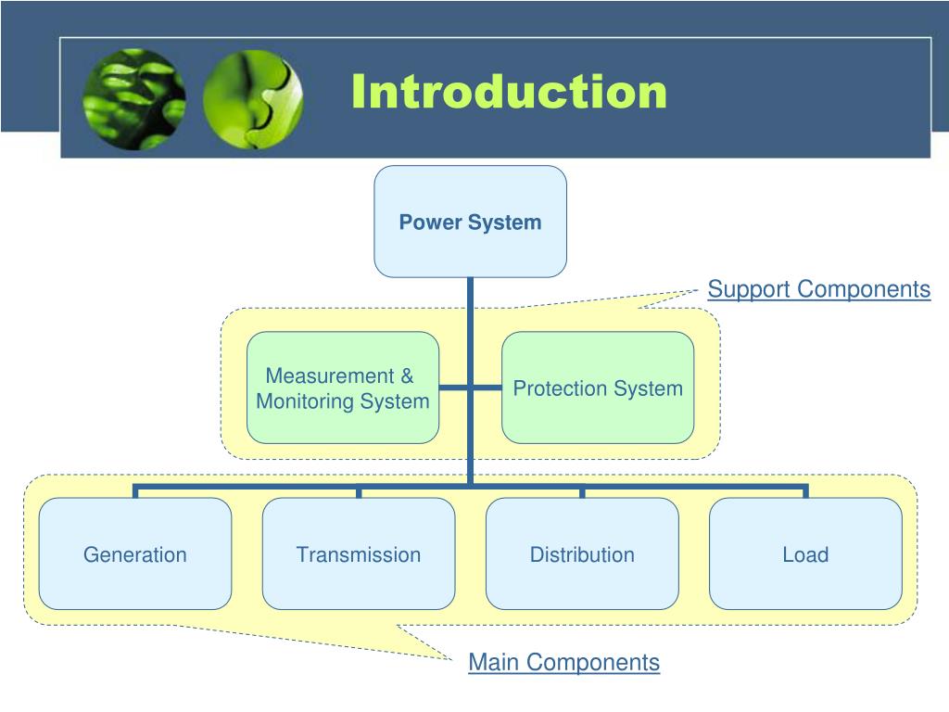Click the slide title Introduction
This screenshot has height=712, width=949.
(x=509, y=92)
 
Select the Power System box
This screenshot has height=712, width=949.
(x=470, y=222)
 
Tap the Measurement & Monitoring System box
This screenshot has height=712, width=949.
(x=343, y=388)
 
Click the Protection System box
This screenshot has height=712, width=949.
(x=598, y=388)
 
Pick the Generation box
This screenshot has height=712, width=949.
(x=135, y=554)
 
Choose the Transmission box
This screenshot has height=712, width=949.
(x=359, y=554)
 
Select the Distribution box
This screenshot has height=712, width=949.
(x=582, y=554)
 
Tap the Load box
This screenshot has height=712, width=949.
(x=805, y=554)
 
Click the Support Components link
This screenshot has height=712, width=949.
(x=819, y=289)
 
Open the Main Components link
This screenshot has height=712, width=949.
(x=564, y=662)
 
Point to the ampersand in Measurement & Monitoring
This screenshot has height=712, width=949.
(x=408, y=376)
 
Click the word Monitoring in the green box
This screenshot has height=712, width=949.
(x=305, y=401)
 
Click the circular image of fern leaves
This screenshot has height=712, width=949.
(x=134, y=99)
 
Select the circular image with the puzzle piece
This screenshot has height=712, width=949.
(x=253, y=99)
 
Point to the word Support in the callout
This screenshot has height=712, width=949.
(x=749, y=290)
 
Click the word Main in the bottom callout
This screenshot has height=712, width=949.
(x=494, y=662)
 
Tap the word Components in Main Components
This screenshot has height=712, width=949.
(x=593, y=663)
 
